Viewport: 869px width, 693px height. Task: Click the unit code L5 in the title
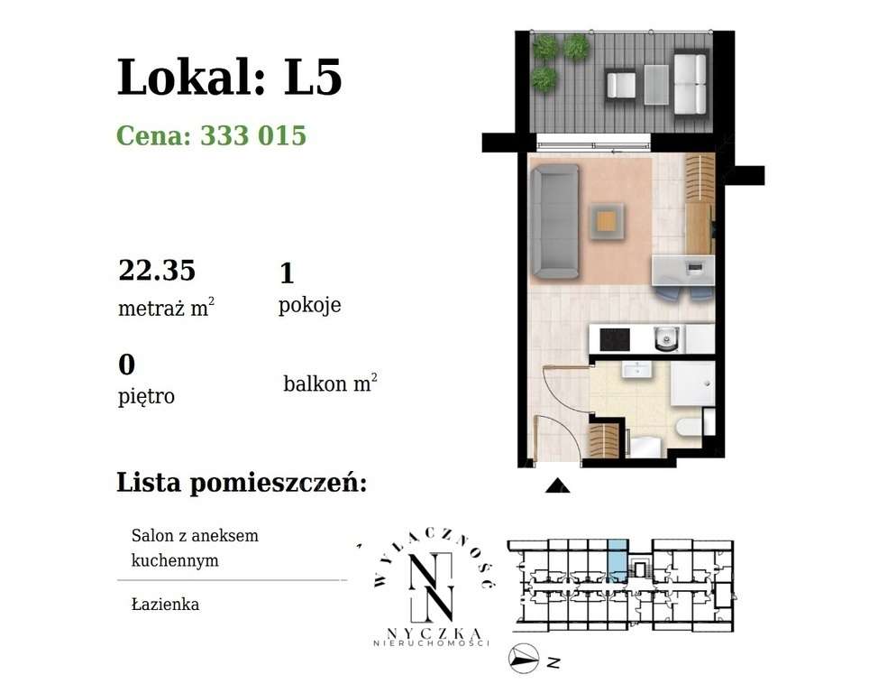tap(314, 78)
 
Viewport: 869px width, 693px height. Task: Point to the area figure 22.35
tap(158, 269)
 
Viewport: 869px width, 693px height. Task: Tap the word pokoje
tap(310, 305)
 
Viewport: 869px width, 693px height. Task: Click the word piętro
tap(146, 395)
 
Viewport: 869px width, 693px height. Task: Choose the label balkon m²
tap(330, 383)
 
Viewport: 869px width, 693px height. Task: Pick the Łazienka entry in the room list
tap(165, 604)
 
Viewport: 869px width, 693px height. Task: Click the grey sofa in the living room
tap(552, 222)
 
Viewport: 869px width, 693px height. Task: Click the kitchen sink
tap(665, 339)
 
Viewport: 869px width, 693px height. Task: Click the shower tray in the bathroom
tap(693, 385)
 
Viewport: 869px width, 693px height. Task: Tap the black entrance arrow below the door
tap(558, 486)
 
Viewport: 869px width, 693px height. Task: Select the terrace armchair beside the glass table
tap(622, 85)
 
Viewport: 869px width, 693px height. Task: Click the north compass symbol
tap(524, 660)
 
